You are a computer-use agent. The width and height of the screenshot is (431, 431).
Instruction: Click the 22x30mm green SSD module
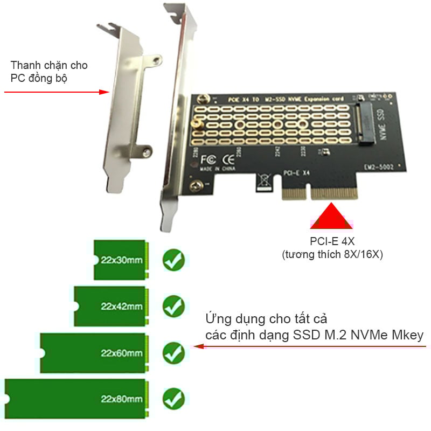pos(120,260)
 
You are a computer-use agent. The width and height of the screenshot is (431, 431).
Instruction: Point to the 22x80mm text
pos(122,399)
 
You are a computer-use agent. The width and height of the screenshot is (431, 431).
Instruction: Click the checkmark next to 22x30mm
pos(173,260)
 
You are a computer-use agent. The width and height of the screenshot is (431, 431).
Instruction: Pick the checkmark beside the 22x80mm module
pos(173,399)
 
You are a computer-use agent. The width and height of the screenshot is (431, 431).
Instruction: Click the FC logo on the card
pos(208,160)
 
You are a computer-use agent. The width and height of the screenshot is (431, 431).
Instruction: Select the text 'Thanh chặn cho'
pos(49,65)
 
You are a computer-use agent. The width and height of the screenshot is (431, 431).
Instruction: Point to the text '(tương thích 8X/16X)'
pos(332,255)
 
